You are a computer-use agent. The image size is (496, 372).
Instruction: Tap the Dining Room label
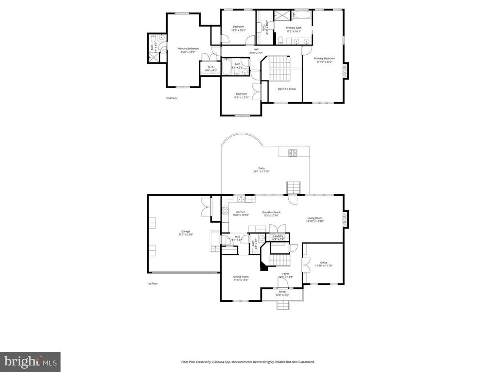(x=241, y=278)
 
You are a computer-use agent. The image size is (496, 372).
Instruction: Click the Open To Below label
(x=287, y=89)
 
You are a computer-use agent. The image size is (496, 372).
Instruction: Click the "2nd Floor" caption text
(x=172, y=98)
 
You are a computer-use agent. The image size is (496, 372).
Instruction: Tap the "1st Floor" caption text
(x=153, y=283)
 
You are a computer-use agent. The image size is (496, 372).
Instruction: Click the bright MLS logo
(x=30, y=362)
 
